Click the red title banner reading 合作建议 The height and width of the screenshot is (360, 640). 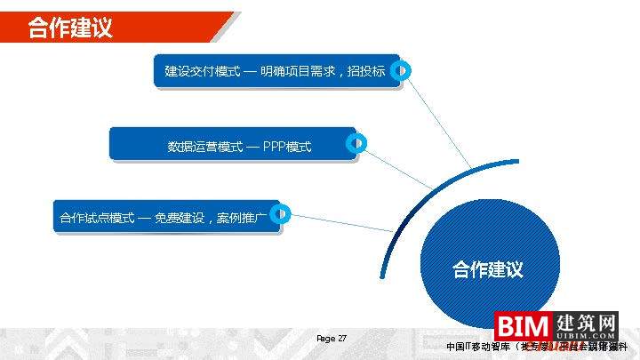pyautogui.click(x=71, y=28)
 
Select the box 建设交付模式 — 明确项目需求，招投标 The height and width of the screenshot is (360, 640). pyautogui.click(x=276, y=70)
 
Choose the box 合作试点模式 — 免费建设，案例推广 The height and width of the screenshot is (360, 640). pyautogui.click(x=164, y=216)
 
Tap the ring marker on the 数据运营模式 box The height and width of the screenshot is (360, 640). pyautogui.click(x=356, y=142)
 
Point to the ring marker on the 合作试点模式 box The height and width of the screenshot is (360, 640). pyautogui.click(x=281, y=213)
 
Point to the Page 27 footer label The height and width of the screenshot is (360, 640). pyautogui.click(x=332, y=339)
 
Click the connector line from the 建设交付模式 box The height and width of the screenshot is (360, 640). pyautogui.click(x=438, y=121)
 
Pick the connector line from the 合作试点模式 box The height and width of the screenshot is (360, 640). pyautogui.click(x=342, y=223)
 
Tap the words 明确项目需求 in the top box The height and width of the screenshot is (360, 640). pyautogui.click(x=298, y=70)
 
